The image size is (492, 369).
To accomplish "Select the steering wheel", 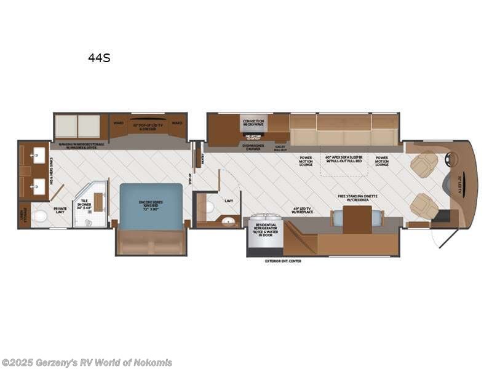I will point(452,159).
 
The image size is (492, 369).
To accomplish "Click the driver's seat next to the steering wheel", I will point(424,163).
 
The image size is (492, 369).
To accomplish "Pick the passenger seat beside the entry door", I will point(424,205).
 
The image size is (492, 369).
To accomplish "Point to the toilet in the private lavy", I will point(41,216).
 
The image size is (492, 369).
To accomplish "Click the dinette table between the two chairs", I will point(357,220).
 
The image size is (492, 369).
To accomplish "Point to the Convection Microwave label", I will point(253,124).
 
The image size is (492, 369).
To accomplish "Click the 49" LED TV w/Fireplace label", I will point(304,210).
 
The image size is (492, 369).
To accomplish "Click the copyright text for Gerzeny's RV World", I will point(87,362).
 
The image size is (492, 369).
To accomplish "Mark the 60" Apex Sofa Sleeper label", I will point(344,160).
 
